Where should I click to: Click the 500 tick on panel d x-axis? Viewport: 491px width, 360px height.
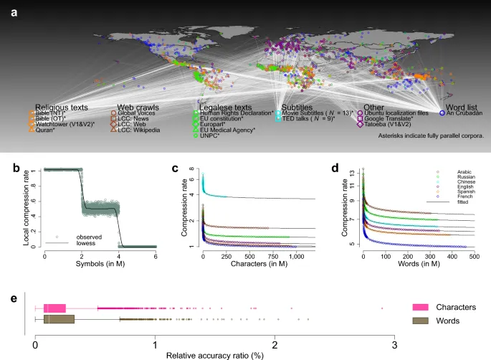(x=474, y=256)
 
